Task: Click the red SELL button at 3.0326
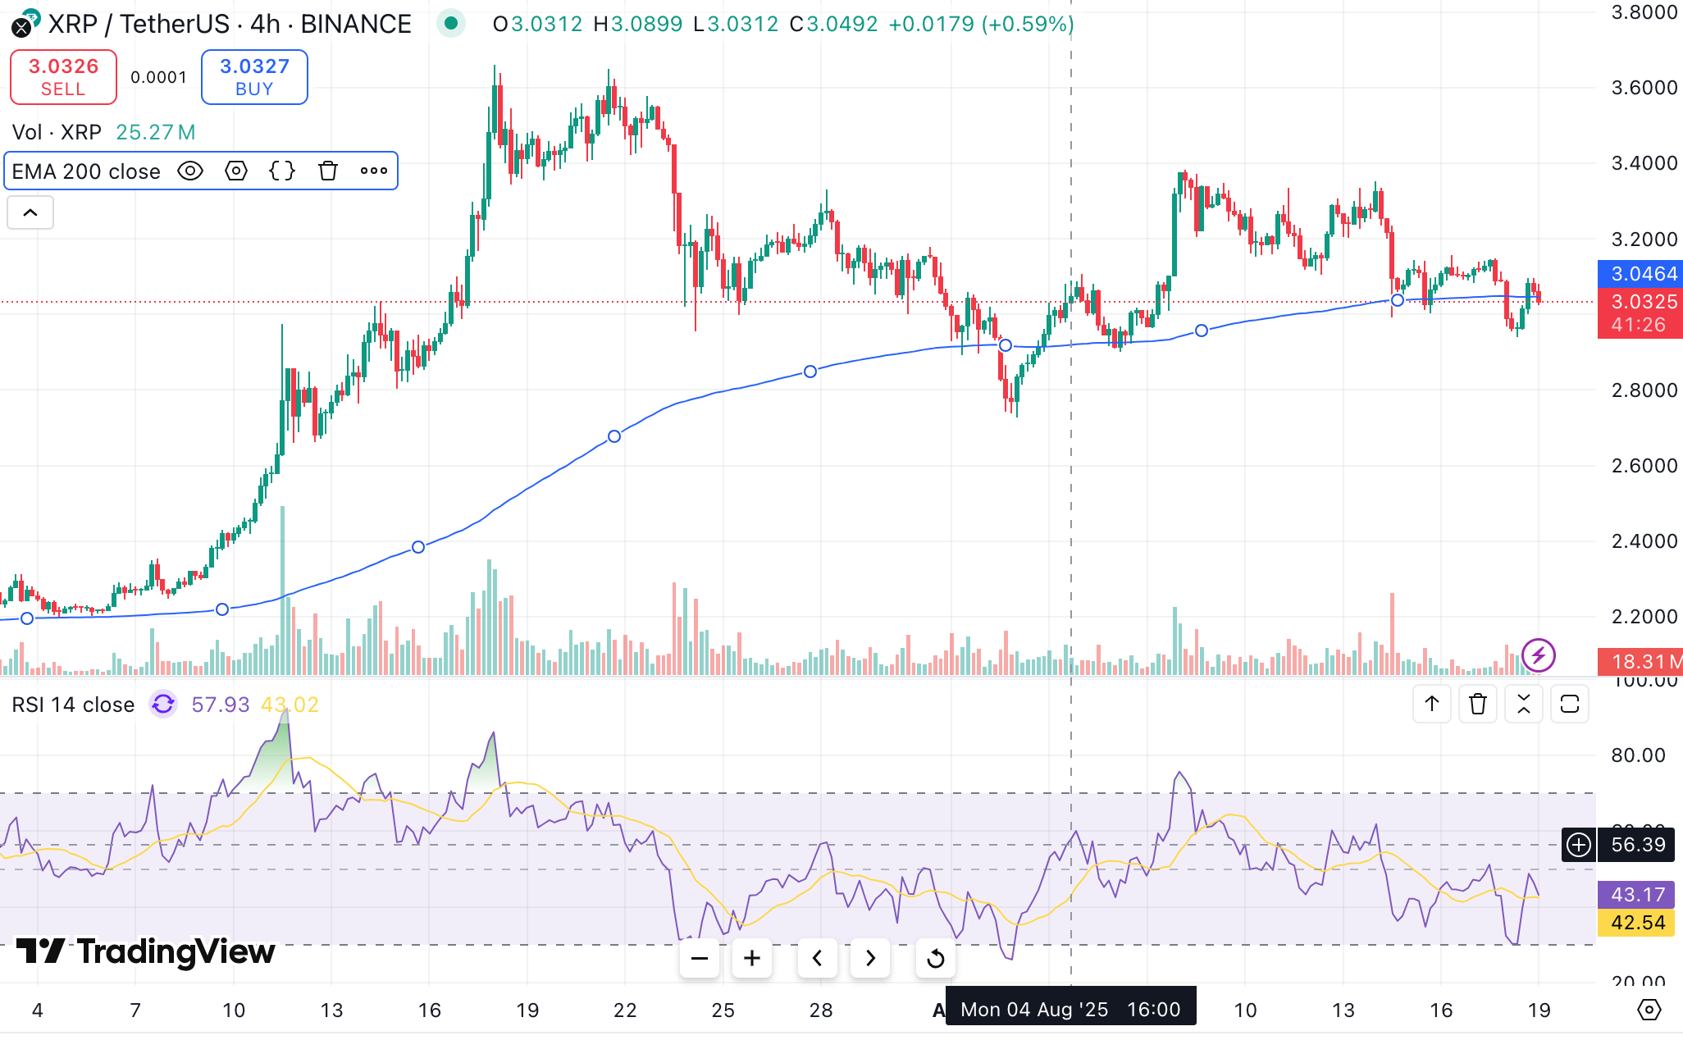pos(63,77)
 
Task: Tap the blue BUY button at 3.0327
pos(254,77)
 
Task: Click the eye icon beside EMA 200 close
pos(190,171)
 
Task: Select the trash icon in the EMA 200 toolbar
pos(328,171)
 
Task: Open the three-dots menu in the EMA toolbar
pos(374,171)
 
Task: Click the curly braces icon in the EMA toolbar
pos(282,171)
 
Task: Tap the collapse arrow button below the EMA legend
pos(30,213)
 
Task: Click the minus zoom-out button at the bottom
pos(700,958)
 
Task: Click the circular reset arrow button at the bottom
pos(935,958)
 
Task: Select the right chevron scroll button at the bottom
pos(870,958)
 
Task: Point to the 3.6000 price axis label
pos(1644,88)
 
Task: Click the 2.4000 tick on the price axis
pos(1644,541)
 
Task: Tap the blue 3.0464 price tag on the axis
pos(1640,274)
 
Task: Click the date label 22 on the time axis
pos(625,1010)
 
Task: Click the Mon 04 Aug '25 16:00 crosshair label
pos(1070,1009)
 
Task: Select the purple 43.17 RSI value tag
pos(1637,895)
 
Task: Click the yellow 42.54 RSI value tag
pos(1637,923)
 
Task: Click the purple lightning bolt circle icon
pos(1538,655)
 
